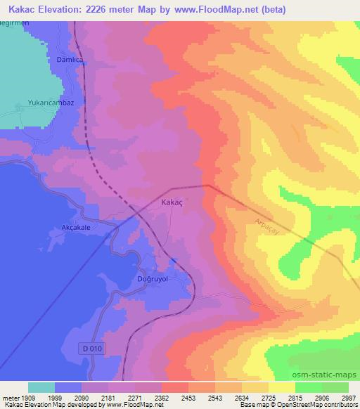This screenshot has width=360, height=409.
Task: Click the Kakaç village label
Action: tap(172, 202)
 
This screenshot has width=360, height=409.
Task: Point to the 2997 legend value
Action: tap(348, 397)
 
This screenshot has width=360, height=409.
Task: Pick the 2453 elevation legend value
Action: tap(189, 397)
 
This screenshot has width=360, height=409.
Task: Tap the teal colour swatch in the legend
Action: tap(41, 387)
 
